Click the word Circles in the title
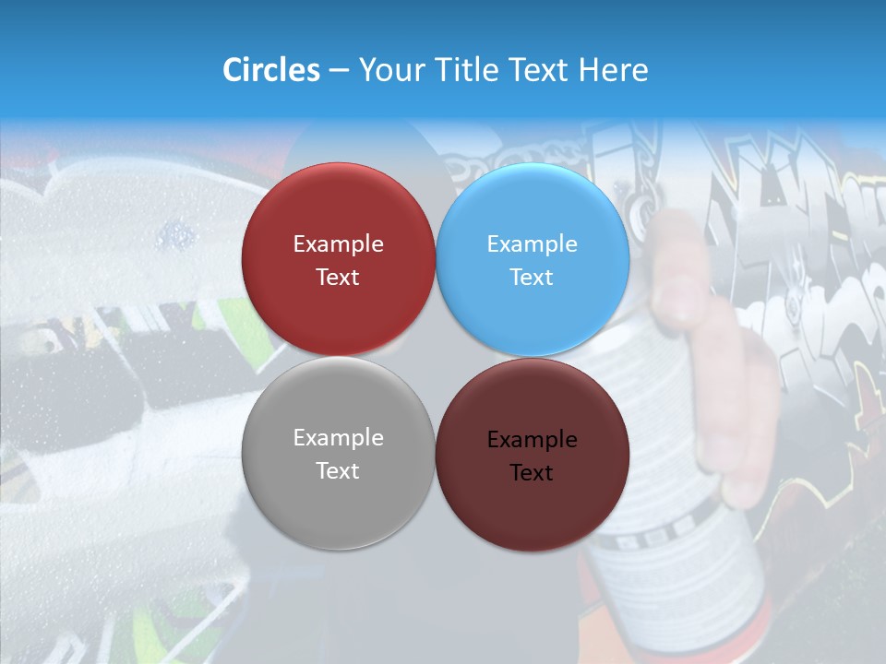pos(271,70)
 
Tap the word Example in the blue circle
pos(533,244)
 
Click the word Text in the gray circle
pos(338,471)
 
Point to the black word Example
pos(533,440)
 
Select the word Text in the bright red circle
pos(338,278)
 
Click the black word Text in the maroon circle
pos(532,473)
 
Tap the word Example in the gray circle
pos(338,438)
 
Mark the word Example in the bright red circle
pos(338,244)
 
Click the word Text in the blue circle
pos(532,278)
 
